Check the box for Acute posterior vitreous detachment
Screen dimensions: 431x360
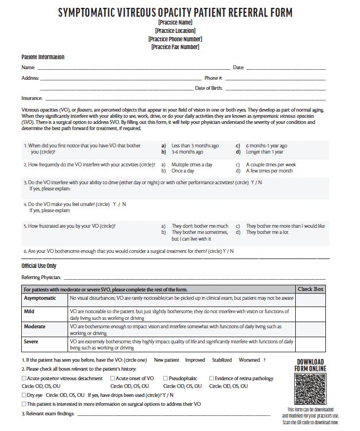tap(23, 379)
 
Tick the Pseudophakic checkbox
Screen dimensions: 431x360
tap(165, 379)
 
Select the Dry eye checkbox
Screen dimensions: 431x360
tap(23, 394)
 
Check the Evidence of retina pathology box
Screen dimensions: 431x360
tap(212, 379)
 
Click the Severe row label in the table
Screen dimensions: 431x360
tap(31, 341)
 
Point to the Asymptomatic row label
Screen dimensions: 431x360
tap(40, 298)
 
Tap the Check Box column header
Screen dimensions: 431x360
tap(310, 289)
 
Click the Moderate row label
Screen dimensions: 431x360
tap(35, 327)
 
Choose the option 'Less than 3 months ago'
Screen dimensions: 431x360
tap(195, 145)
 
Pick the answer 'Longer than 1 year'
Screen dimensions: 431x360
tap(265, 152)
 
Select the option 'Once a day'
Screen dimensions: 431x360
tap(183, 171)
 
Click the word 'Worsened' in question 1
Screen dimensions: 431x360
tap(249, 360)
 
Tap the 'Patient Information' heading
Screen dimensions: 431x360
tap(42, 57)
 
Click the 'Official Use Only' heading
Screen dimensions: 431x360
tap(39, 266)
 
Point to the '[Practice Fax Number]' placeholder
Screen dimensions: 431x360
tap(175, 47)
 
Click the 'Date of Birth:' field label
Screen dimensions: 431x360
tap(209, 88)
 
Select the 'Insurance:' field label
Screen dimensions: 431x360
tap(32, 98)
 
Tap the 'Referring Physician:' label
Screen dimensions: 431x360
tap(41, 277)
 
